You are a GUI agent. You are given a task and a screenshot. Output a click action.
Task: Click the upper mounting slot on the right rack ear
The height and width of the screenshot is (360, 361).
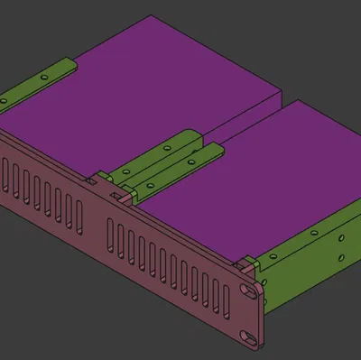(248, 291)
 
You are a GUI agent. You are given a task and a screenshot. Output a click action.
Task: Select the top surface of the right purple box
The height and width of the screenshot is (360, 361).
(262, 171)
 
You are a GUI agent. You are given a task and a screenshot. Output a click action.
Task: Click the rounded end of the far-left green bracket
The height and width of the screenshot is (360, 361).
(67, 64)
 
